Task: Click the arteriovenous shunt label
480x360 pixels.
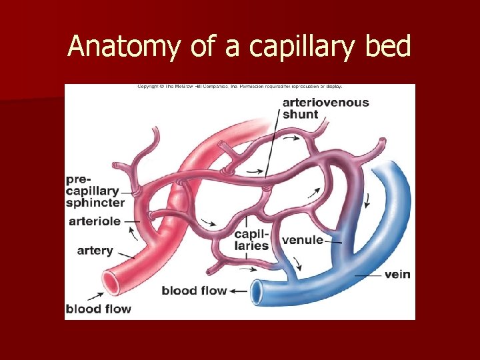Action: [325, 108]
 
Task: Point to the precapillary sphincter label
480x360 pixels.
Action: [95, 191]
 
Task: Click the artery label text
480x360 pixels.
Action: [95, 251]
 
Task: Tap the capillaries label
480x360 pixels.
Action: [251, 240]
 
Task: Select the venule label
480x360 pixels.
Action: [303, 240]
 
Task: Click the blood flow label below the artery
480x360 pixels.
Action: [98, 309]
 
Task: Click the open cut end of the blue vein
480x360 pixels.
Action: [257, 289]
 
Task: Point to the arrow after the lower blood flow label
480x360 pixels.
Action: [238, 291]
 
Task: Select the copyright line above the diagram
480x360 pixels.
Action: [239, 87]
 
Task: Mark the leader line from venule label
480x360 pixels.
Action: [333, 241]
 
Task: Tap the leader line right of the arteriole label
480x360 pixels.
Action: [131, 221]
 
